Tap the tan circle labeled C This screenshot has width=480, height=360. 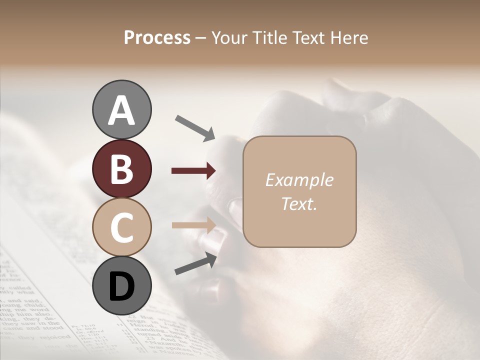pyautogui.click(x=122, y=227)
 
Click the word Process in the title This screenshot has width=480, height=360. pyautogui.click(x=157, y=37)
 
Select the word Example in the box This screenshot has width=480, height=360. pyautogui.click(x=299, y=180)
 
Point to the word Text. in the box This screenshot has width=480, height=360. pyautogui.click(x=299, y=203)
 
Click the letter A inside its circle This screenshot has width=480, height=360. pyautogui.click(x=122, y=110)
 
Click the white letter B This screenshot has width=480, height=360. pyautogui.click(x=122, y=169)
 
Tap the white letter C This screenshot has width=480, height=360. pyautogui.click(x=122, y=228)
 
